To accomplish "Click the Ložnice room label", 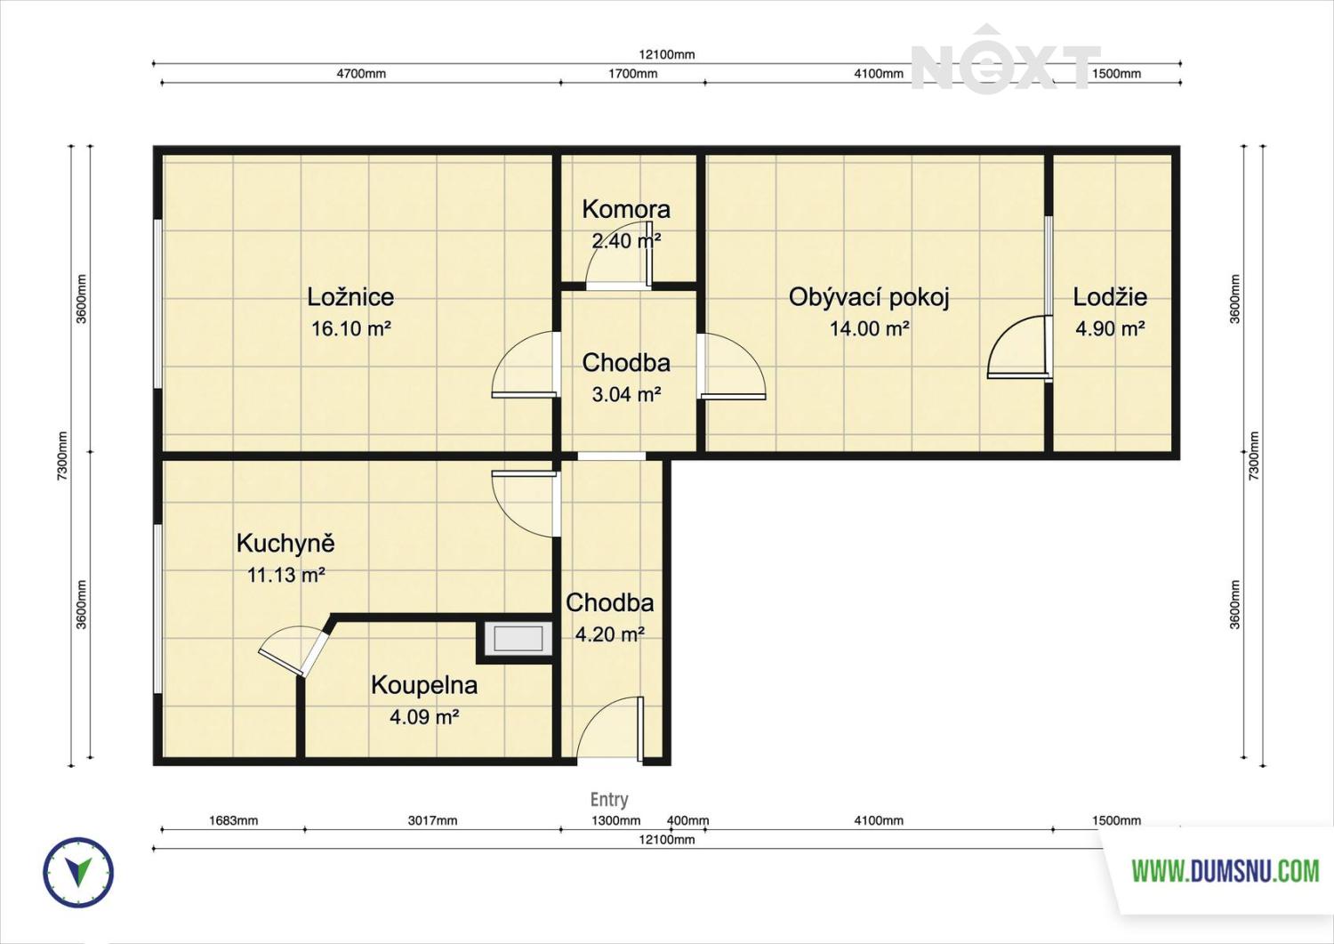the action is tap(350, 297).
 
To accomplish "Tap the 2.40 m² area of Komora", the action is tap(626, 241).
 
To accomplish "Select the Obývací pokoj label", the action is tap(868, 297).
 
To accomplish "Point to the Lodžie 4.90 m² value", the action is tap(1110, 328).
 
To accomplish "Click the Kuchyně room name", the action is tap(285, 543).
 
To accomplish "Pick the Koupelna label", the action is tap(424, 685).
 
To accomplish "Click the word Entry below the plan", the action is tap(609, 799).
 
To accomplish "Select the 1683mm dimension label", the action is tap(233, 820).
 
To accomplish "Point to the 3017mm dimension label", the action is tap(432, 820).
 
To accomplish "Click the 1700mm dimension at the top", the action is tap(632, 74).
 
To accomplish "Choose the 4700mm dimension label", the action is tap(361, 74).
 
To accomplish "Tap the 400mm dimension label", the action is tap(687, 820).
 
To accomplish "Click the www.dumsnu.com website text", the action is tap(1225, 871).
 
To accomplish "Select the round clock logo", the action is tap(78, 873).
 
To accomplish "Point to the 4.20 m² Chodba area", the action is tap(610, 634).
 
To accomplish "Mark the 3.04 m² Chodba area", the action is tap(626, 394).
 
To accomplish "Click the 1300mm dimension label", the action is tap(615, 820).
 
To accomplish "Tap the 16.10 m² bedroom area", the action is tap(350, 328).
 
